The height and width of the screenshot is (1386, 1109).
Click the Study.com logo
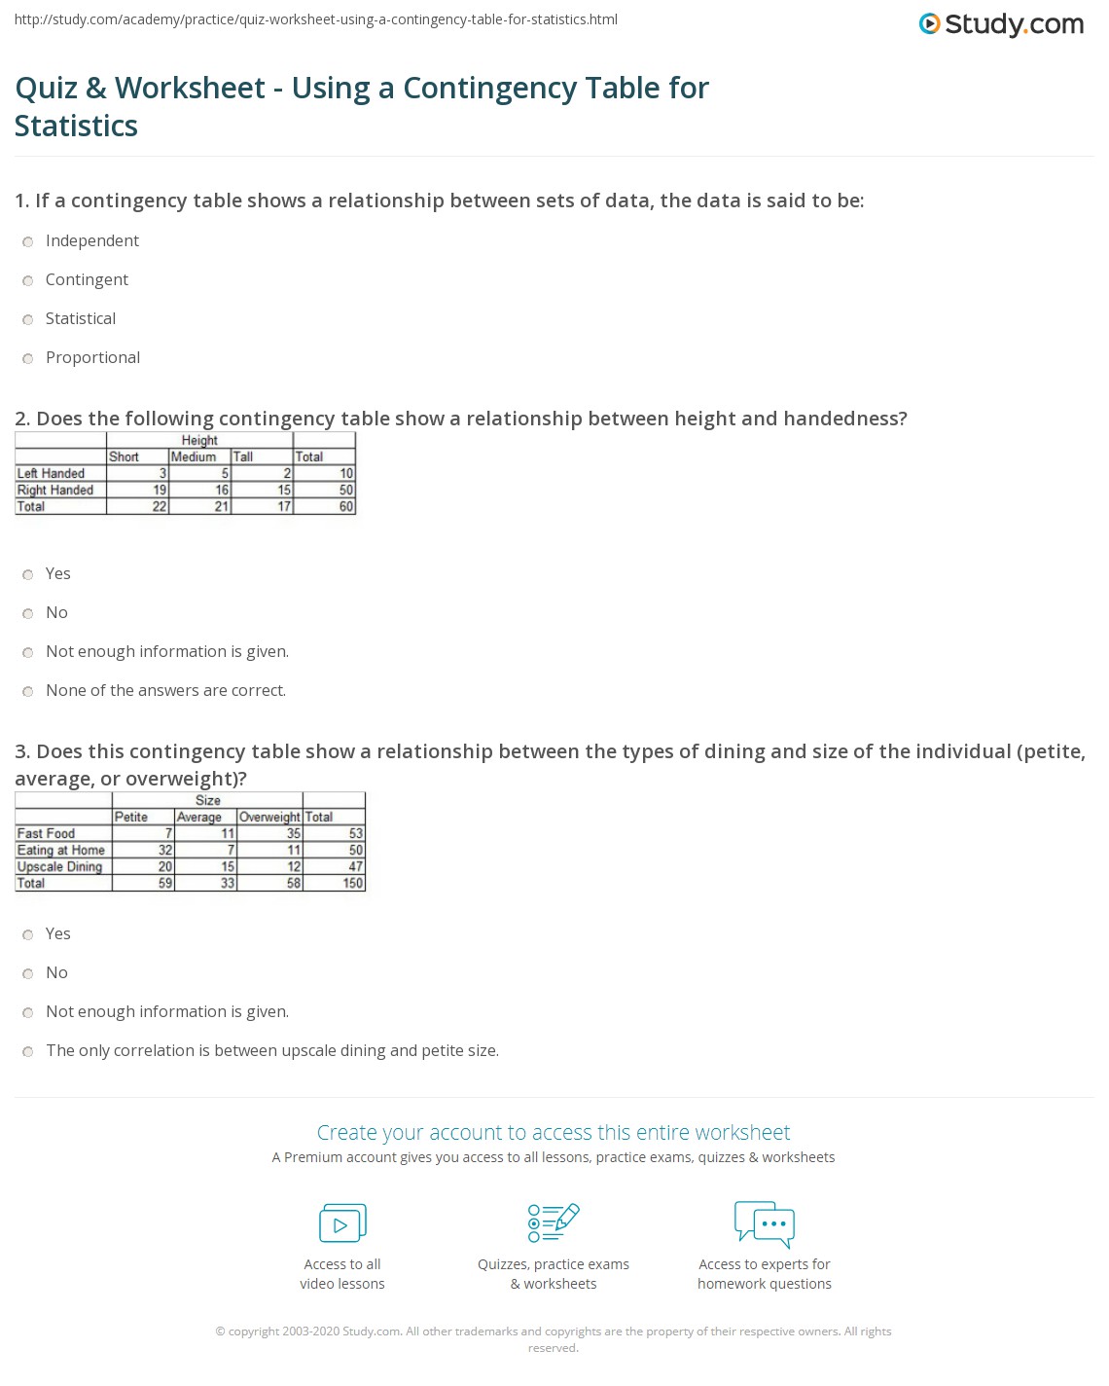pos(1001,23)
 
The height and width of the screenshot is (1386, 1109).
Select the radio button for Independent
pos(28,241)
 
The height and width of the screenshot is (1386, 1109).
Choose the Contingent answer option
pos(28,280)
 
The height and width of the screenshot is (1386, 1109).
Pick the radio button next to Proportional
pos(28,358)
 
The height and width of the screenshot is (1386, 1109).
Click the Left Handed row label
pos(51,473)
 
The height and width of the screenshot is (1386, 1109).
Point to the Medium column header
pos(194,456)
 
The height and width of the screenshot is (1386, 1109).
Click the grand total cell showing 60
pos(346,506)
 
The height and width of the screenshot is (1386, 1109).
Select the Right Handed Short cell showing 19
pos(160,490)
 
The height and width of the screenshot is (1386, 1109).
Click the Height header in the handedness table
pos(199,440)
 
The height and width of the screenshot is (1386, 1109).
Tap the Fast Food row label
pos(46,833)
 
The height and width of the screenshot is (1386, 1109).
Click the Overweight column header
pos(269,817)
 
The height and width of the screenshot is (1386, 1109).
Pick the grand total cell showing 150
pos(352,883)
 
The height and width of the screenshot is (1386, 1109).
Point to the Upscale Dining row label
pos(59,866)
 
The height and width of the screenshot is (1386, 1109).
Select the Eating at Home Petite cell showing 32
pos(165,850)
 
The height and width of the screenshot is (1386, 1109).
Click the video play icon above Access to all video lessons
pos(342,1223)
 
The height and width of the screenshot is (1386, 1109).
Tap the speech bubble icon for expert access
pos(765,1223)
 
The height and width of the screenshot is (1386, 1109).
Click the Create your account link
pos(554,1132)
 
